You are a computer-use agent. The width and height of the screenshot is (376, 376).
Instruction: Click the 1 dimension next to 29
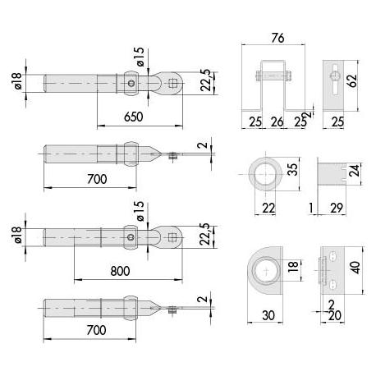tap(313, 208)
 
